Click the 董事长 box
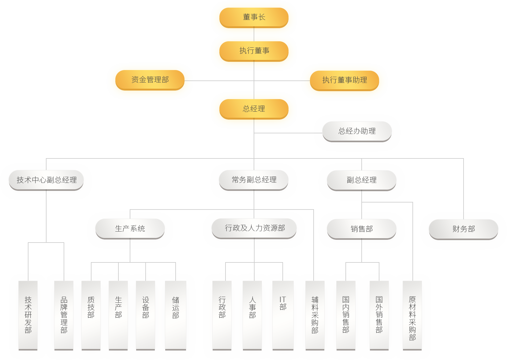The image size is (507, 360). pyautogui.click(x=254, y=17)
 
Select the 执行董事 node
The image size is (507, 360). pyautogui.click(x=254, y=50)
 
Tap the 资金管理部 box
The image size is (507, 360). pyautogui.click(x=150, y=80)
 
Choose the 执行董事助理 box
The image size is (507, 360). pyautogui.click(x=345, y=80)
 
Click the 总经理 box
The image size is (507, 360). pyautogui.click(x=254, y=109)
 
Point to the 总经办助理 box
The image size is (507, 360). pyautogui.click(x=357, y=131)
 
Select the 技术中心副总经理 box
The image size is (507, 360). pyautogui.click(x=47, y=180)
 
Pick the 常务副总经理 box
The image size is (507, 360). pyautogui.click(x=254, y=180)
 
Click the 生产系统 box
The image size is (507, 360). pyautogui.click(x=130, y=228)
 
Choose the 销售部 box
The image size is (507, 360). pyautogui.click(x=362, y=229)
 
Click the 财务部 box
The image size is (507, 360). pyautogui.click(x=464, y=229)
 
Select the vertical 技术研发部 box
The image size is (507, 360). pyautogui.click(x=28, y=315)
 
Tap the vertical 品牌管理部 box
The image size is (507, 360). pyautogui.click(x=64, y=315)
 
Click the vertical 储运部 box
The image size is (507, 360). pyautogui.click(x=176, y=315)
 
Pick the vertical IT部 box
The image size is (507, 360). pyautogui.click(x=283, y=315)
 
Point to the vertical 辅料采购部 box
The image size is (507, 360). pyautogui.click(x=315, y=315)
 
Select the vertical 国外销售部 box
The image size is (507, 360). pyautogui.click(x=379, y=315)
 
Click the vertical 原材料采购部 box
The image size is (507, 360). pyautogui.click(x=412, y=315)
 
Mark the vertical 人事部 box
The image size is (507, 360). pyautogui.click(x=252, y=315)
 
